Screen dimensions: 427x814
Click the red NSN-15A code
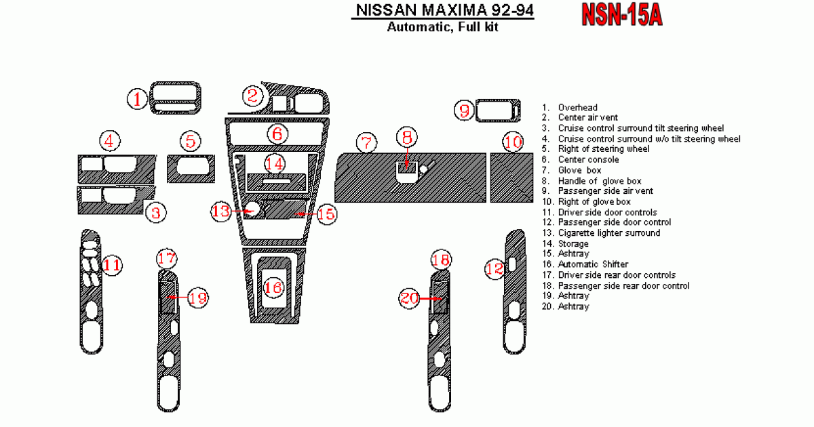click(621, 14)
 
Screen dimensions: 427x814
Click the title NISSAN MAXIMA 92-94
click(442, 11)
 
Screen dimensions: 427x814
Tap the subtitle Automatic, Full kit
click(442, 28)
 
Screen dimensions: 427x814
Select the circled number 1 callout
click(138, 100)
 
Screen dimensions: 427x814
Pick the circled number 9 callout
click(464, 110)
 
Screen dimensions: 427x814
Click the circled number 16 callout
click(273, 288)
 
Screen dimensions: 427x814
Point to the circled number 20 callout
click(409, 298)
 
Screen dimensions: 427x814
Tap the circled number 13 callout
click(221, 211)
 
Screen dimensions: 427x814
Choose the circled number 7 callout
click(366, 143)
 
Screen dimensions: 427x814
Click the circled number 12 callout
click(495, 269)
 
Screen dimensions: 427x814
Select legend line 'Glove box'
click(579, 170)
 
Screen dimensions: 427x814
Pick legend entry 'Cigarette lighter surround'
click(608, 233)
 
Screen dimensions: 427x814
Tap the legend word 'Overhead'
click(577, 107)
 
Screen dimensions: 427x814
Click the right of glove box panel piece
click(512, 178)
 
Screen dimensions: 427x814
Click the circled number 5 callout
click(191, 142)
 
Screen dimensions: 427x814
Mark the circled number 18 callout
click(441, 259)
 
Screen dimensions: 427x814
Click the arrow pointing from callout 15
click(305, 214)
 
